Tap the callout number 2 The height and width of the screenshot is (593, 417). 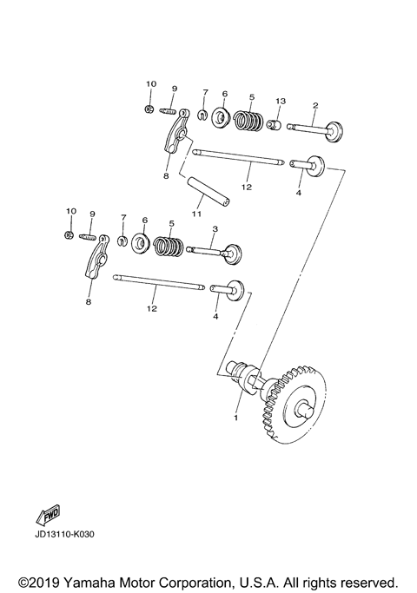[x=314, y=106]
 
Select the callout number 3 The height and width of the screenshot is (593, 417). [x=215, y=229]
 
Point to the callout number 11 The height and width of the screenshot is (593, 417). [x=196, y=212]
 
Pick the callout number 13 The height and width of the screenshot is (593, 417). [x=280, y=102]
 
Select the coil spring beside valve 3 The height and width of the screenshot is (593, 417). [x=169, y=247]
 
